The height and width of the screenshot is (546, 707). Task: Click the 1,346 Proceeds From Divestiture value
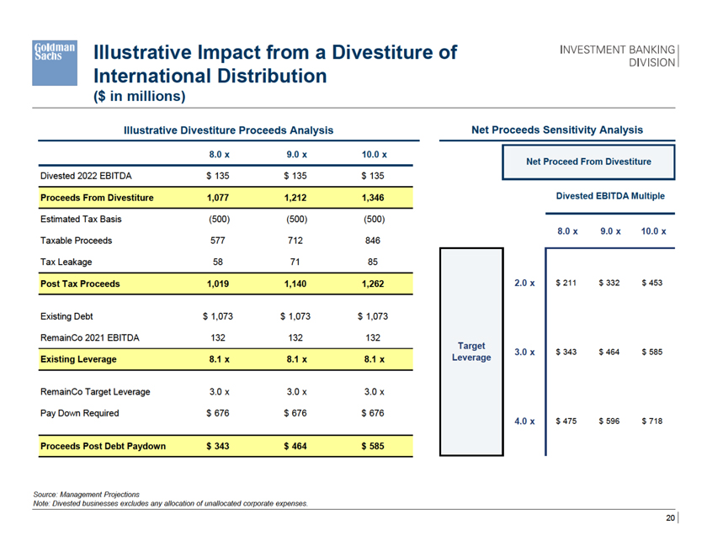tap(372, 198)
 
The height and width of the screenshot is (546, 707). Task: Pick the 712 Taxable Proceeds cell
tap(295, 240)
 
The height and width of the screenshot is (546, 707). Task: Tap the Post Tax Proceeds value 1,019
tap(219, 284)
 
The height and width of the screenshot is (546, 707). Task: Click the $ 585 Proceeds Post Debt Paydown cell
tap(372, 445)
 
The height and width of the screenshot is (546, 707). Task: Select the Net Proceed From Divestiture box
tap(588, 161)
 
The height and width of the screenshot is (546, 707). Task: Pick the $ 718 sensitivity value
tap(651, 421)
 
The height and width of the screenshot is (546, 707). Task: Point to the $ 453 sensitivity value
tap(651, 283)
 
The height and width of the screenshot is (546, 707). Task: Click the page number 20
tap(670, 518)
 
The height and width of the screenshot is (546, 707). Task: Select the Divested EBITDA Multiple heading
tap(610, 196)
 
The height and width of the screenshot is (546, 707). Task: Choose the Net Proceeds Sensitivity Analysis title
tap(557, 130)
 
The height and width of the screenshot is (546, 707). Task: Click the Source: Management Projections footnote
tap(87, 493)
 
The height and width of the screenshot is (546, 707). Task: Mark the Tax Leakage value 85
tap(372, 262)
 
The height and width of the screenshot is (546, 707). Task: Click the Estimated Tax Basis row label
tap(81, 219)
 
